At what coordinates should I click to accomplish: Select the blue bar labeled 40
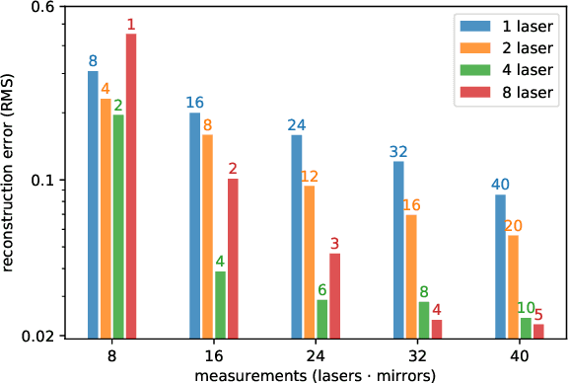click(500, 266)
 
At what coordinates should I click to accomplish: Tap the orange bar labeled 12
click(309, 261)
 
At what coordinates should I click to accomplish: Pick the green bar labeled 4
click(220, 304)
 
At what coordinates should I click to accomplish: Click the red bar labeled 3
click(334, 294)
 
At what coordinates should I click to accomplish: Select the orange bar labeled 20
click(513, 285)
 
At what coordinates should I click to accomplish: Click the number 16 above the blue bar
click(194, 103)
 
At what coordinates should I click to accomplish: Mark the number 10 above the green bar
click(526, 308)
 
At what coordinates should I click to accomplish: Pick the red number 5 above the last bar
click(538, 315)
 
